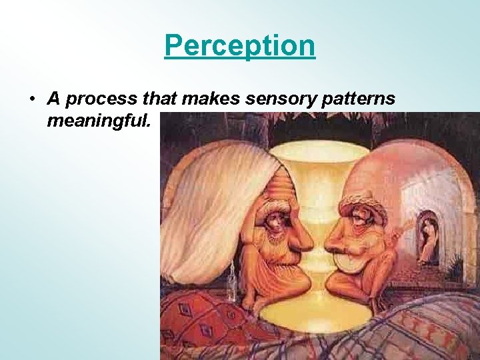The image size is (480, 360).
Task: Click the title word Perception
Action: pos(239,46)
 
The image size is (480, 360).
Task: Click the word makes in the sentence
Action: pos(205,99)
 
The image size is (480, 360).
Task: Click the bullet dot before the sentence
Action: pos(31,99)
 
